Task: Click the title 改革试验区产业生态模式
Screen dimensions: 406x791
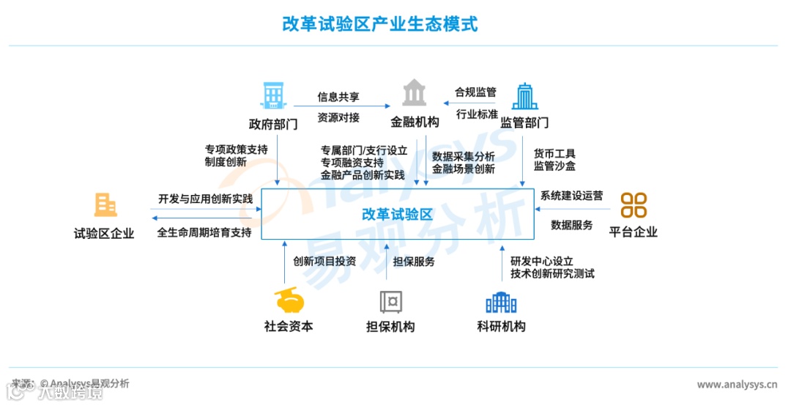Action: (380, 24)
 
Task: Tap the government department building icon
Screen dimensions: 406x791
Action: (272, 95)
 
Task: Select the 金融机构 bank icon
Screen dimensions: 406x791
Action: (415, 94)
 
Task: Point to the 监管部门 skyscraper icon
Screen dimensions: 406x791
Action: (524, 96)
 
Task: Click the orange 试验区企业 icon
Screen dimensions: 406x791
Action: (105, 204)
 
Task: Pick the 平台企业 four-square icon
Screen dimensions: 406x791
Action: (634, 205)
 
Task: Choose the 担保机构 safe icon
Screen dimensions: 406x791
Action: (390, 301)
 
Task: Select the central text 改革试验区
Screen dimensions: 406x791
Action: (398, 214)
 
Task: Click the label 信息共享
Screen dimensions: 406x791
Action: (338, 97)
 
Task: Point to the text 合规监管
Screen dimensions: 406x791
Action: (475, 92)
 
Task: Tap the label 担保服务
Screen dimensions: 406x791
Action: (414, 261)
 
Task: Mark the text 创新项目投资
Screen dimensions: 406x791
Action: (324, 261)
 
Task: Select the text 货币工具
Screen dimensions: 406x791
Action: (554, 154)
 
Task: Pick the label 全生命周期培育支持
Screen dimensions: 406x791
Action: (204, 232)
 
